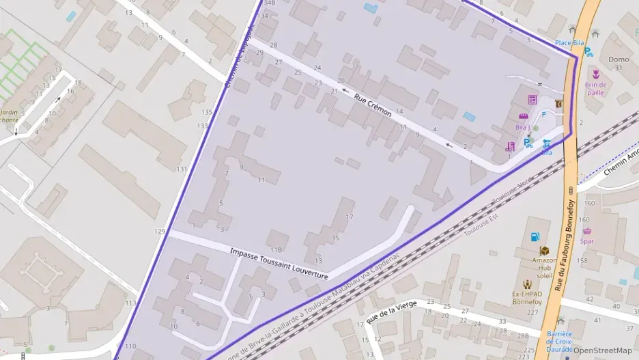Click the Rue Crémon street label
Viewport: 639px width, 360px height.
point(373,105)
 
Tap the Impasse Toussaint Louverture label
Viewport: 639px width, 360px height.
point(279,263)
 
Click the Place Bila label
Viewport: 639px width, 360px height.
point(569,43)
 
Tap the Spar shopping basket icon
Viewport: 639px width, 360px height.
point(586,231)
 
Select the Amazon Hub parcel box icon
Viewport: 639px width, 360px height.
point(544,251)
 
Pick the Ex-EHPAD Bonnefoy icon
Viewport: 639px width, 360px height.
point(526,284)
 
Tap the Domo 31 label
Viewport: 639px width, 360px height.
point(619,64)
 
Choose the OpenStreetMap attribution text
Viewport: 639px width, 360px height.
point(602,350)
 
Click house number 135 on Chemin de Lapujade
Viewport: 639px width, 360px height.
point(207,112)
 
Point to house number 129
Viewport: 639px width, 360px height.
point(160,232)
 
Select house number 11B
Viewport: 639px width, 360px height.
point(276,250)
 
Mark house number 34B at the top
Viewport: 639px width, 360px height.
point(269,3)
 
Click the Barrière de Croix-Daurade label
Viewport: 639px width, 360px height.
point(558,338)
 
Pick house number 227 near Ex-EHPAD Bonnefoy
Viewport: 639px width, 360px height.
point(532,313)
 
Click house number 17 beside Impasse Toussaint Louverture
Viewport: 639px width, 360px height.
point(350,217)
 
